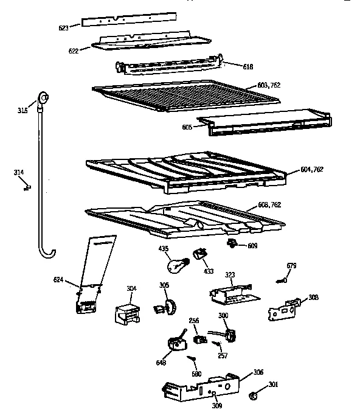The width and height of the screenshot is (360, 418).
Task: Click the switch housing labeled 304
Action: click(x=126, y=313)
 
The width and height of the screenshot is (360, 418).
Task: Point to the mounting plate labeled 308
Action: click(x=284, y=308)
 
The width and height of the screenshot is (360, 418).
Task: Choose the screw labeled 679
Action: click(x=282, y=280)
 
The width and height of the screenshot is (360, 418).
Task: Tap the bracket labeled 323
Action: click(x=233, y=294)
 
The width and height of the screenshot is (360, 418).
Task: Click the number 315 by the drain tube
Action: click(x=22, y=111)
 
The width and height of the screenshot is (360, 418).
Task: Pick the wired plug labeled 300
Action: click(x=229, y=335)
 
